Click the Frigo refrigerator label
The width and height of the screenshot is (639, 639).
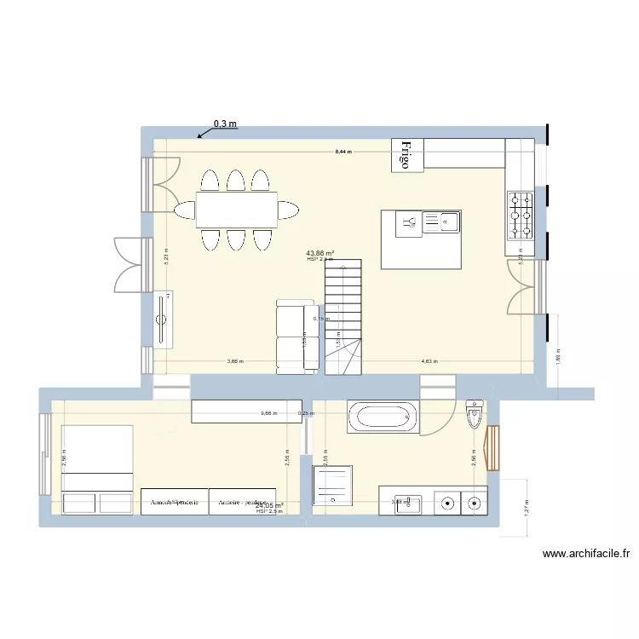click(407, 155)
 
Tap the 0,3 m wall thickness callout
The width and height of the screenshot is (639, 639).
click(225, 124)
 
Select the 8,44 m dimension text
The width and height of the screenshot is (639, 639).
click(343, 152)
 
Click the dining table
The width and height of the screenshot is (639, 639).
click(237, 210)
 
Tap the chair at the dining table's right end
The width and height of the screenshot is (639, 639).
click(289, 210)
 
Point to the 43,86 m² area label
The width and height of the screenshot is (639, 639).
click(320, 253)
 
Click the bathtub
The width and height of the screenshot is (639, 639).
click(384, 417)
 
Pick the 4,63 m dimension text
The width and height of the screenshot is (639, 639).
click(429, 361)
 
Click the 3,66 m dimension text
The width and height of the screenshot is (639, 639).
click(235, 361)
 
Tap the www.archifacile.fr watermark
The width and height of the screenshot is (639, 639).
click(586, 554)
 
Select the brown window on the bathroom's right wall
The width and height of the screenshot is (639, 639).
click(492, 446)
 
